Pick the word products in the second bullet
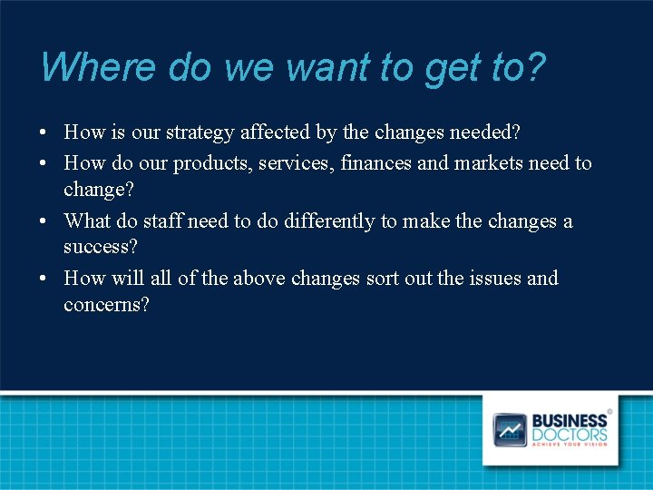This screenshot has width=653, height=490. (x=205, y=163)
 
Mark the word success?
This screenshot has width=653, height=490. (x=100, y=247)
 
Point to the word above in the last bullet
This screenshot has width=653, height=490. (x=259, y=279)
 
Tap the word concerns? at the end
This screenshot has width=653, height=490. (x=106, y=305)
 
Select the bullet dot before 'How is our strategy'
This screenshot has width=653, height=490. (x=44, y=133)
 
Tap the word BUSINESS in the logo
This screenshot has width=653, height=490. (x=569, y=421)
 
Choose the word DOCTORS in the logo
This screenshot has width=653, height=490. (x=569, y=434)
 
